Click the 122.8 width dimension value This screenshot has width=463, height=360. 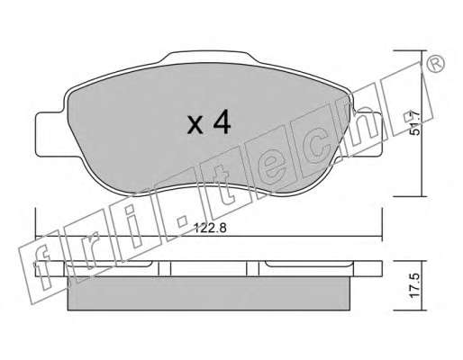[x=210, y=229]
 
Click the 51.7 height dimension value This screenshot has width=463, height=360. [x=414, y=123]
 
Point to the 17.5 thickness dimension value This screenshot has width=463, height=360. [x=414, y=285]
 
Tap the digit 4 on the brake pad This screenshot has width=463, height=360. [x=222, y=121]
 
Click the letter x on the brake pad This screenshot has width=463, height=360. [x=195, y=125]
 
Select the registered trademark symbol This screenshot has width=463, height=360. [x=435, y=64]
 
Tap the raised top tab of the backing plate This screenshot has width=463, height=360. [x=209, y=57]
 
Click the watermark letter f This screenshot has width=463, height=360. [x=42, y=267]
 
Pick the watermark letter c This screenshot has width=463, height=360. [x=318, y=147]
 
